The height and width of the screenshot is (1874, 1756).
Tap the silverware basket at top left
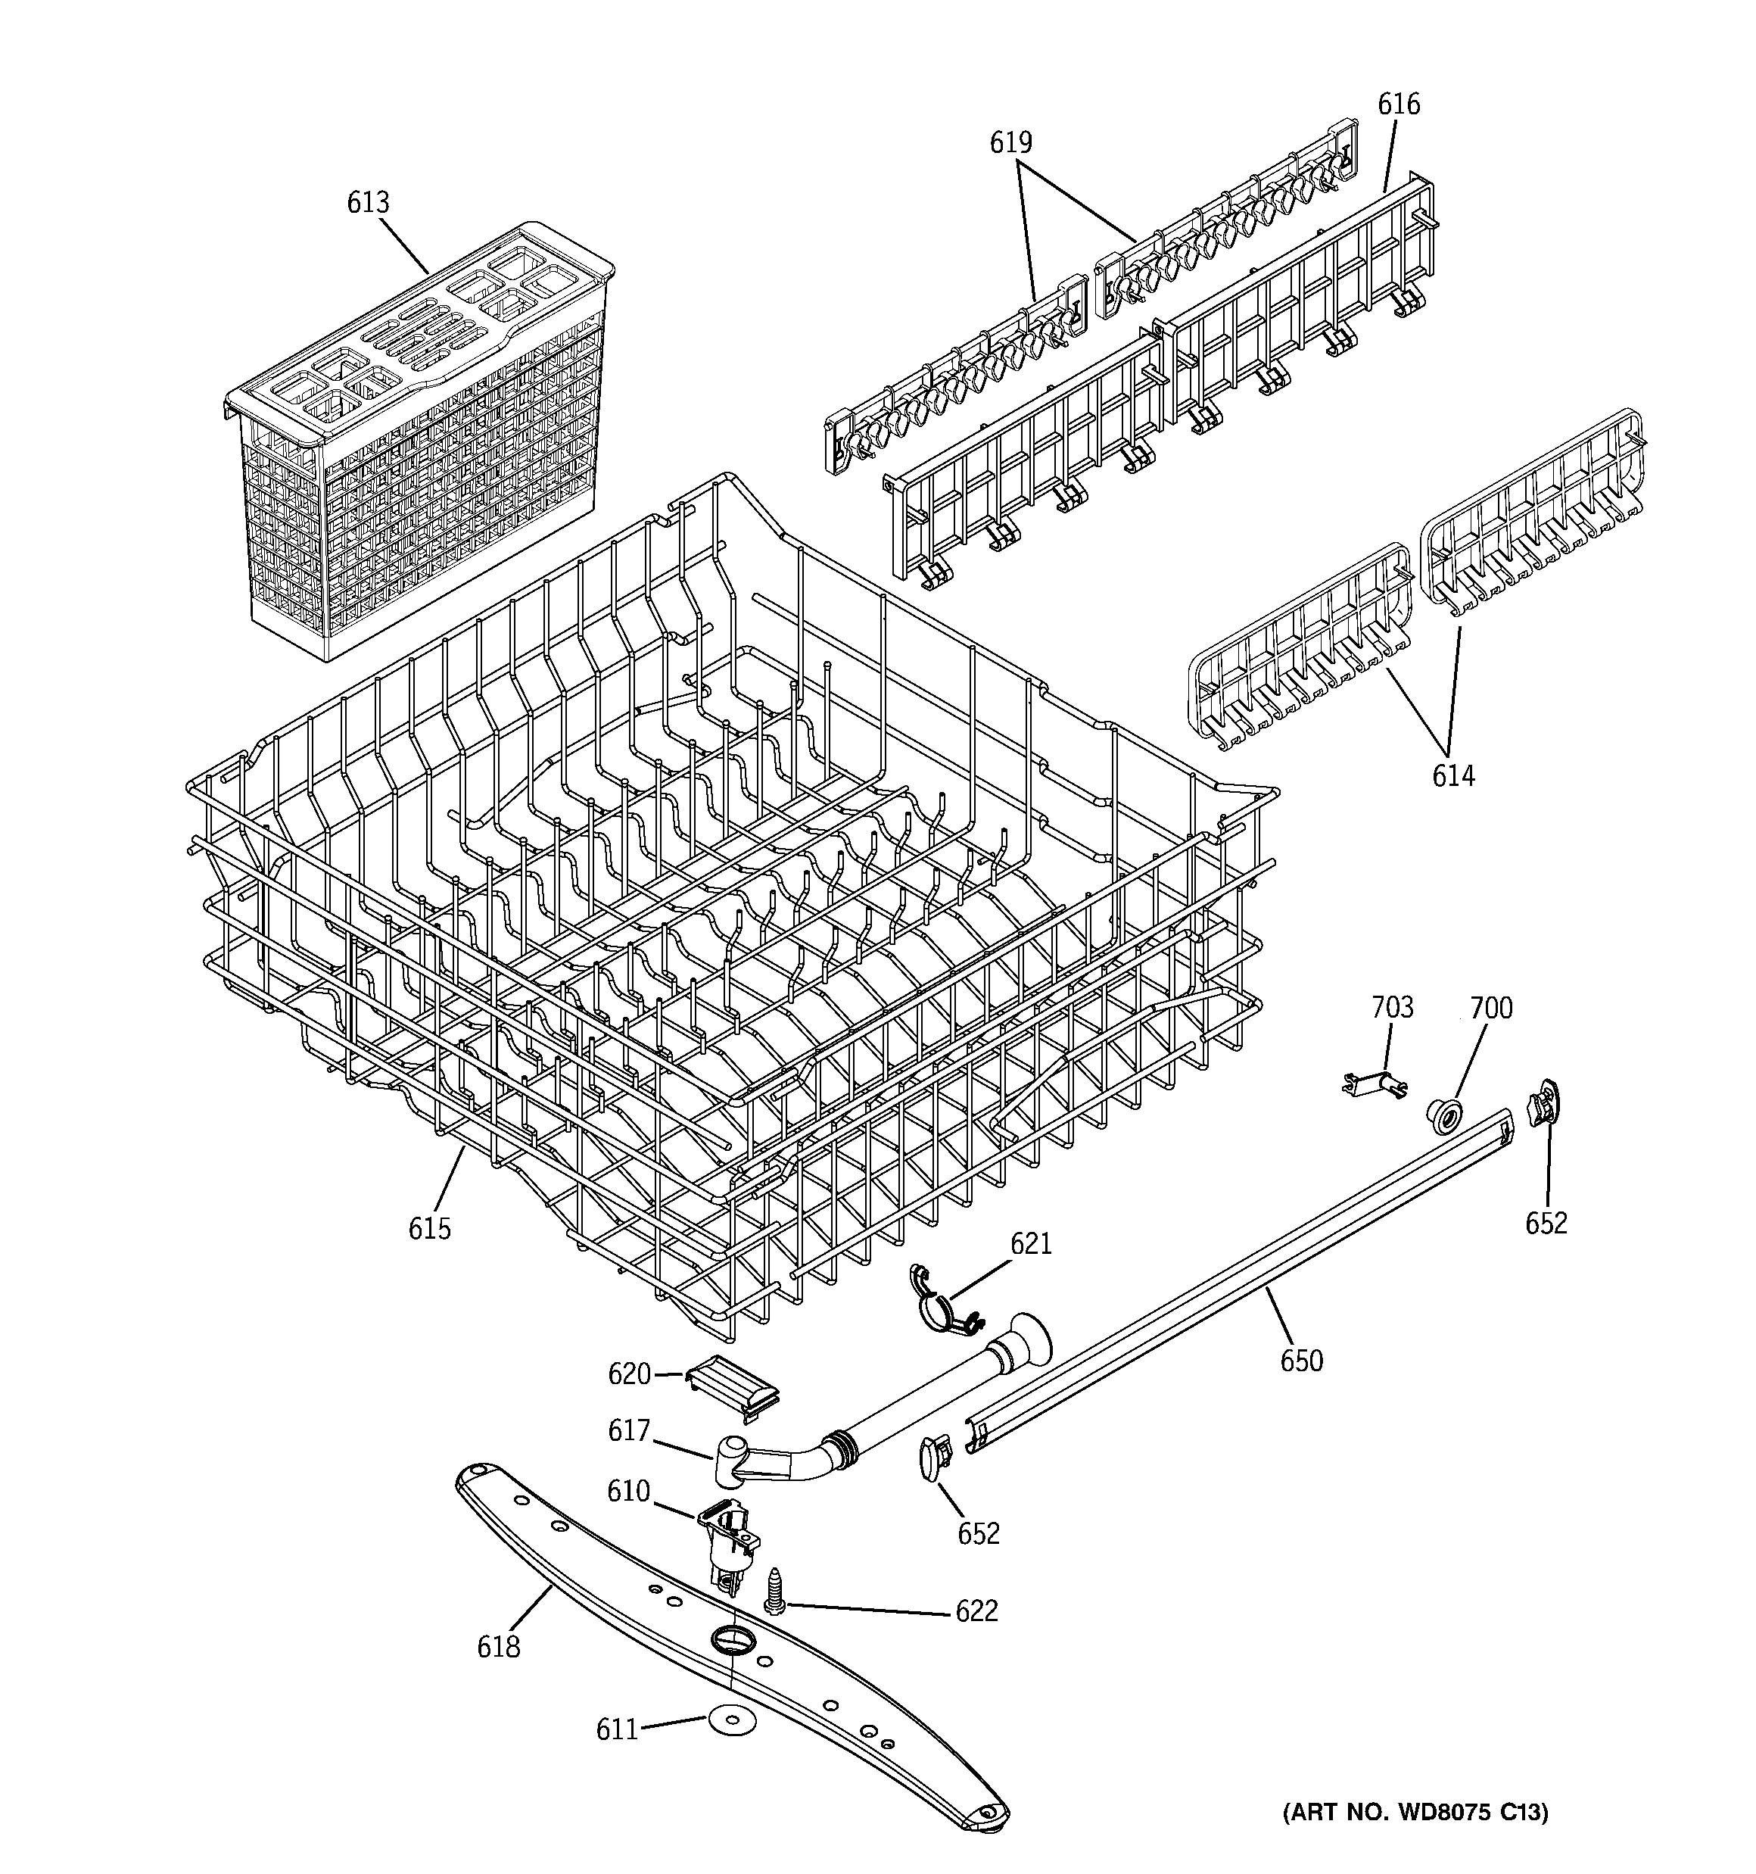(419, 443)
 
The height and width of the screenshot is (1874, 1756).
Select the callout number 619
(1010, 142)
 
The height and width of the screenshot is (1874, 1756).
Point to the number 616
(1399, 104)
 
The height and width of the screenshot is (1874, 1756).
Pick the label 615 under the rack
(429, 1228)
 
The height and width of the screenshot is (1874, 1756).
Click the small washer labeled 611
(730, 1720)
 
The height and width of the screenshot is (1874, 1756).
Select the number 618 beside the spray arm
(498, 1646)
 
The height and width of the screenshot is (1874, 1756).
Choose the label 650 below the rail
(1301, 1360)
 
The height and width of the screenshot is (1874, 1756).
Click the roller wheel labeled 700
(1442, 1113)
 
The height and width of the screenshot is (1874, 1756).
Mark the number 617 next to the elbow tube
(629, 1430)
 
